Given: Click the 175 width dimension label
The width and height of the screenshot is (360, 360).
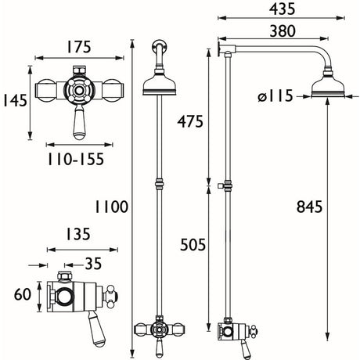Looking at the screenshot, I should coord(78,47).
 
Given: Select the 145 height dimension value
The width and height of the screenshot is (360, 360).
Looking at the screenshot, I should coord(16,101).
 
